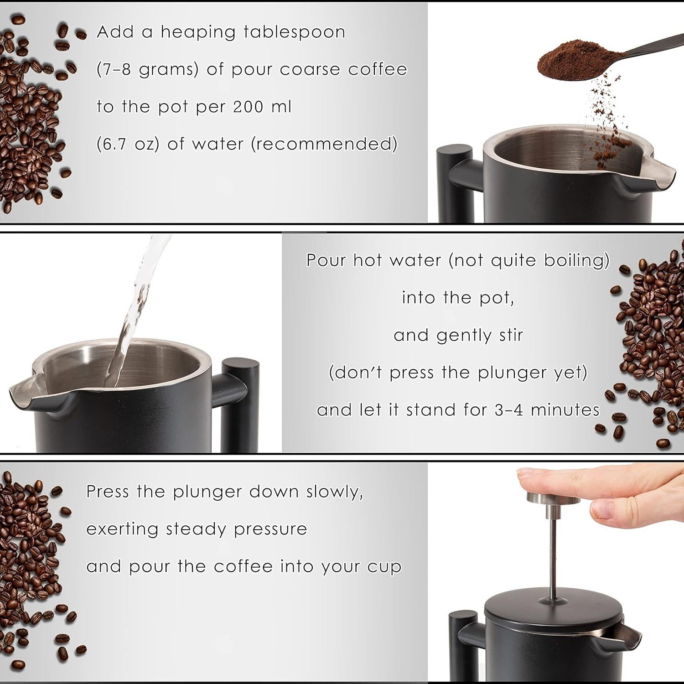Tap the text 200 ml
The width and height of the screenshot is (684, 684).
point(262,107)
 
